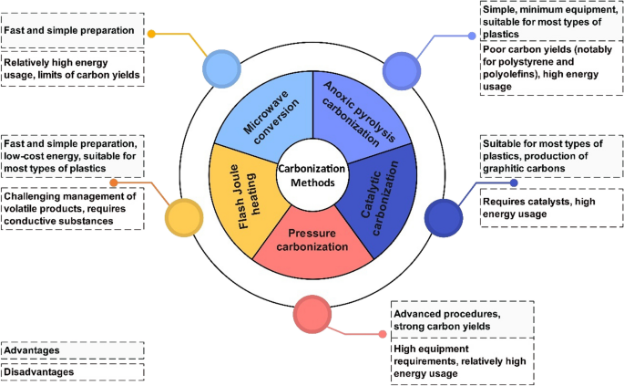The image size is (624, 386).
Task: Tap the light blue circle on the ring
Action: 220,68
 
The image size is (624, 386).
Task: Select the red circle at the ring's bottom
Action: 312,314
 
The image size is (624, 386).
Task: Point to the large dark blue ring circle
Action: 444,217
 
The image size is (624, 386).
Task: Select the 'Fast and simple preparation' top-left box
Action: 72,31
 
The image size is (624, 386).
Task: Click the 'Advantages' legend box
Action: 72,350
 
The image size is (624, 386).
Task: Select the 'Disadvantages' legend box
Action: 72,371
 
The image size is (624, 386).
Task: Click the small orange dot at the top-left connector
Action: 151,35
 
